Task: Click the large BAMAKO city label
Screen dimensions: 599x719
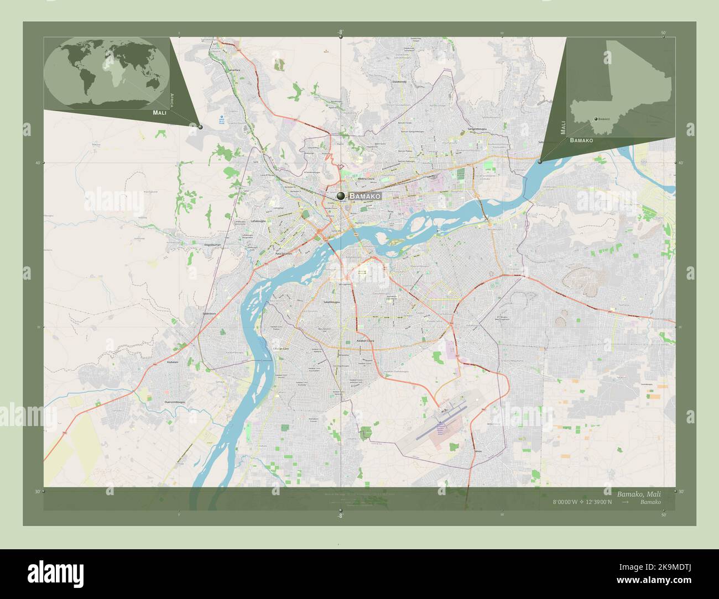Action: click(x=366, y=196)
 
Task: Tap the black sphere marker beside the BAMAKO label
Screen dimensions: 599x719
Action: click(x=341, y=196)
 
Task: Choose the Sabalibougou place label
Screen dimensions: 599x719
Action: click(x=331, y=303)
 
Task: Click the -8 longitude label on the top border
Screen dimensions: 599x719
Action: click(x=341, y=32)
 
